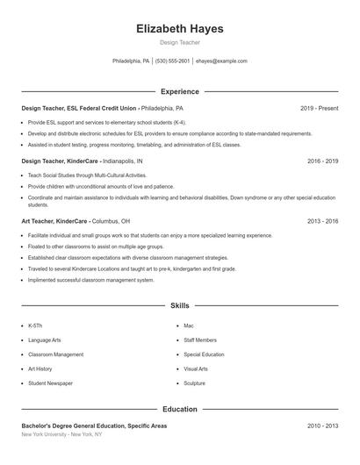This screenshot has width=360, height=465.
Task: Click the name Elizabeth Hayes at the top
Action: coord(180,29)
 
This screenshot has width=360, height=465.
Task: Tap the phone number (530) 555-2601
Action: coord(174,61)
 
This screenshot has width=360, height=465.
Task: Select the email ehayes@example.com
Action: coord(221,61)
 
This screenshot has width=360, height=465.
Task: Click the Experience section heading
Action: coord(180,91)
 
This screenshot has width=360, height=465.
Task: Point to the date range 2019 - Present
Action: coord(319,108)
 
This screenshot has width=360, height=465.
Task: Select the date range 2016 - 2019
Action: coord(322,161)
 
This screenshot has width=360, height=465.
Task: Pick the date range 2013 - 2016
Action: coord(322,221)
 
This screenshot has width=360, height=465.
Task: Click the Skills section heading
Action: coord(180,305)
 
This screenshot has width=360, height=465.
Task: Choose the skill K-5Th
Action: coord(35,325)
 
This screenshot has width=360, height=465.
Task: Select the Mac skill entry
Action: coord(189,325)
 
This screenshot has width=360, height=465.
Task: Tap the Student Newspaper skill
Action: coord(50,383)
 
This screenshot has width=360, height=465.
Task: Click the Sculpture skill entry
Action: coord(195,383)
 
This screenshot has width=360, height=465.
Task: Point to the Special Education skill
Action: coord(204,354)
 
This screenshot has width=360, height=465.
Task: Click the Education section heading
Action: coord(180,409)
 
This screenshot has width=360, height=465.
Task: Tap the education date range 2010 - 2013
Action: coord(322,426)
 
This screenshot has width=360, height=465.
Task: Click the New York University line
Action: coord(61,434)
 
